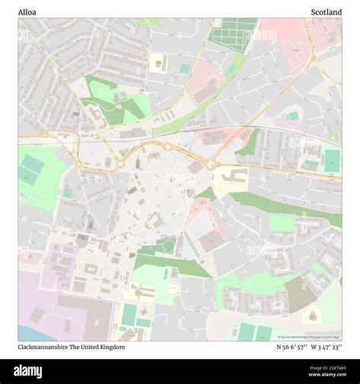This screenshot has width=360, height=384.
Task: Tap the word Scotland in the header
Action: [x=326, y=11]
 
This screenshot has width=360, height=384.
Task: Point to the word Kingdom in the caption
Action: [x=110, y=347]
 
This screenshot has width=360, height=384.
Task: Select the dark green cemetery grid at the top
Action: [x=232, y=33]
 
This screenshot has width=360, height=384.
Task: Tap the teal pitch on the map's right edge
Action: [x=332, y=159]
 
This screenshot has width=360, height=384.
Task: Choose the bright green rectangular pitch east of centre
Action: [x=281, y=223]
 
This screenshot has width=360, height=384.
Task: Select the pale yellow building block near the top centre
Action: [x=158, y=61]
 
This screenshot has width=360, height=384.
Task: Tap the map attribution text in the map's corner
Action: [x=309, y=337]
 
